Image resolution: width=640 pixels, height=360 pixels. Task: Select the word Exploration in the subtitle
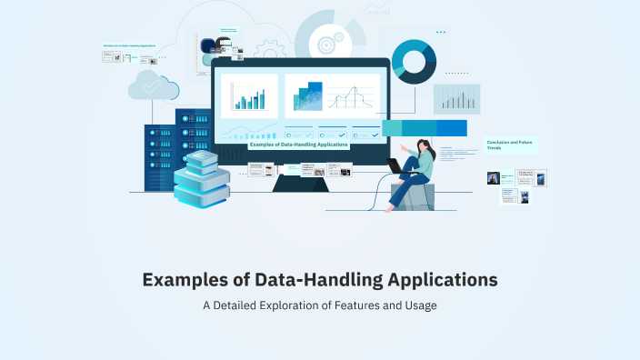(x=305, y=305)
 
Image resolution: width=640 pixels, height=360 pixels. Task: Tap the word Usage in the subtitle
(x=418, y=305)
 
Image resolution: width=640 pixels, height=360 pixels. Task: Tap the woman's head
(x=424, y=145)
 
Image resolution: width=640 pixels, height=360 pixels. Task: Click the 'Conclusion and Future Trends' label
(x=511, y=145)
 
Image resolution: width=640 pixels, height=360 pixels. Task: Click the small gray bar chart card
(x=456, y=98)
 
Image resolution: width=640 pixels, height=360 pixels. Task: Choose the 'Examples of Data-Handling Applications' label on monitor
(x=298, y=145)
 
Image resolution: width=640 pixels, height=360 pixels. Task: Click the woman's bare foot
(x=391, y=208)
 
